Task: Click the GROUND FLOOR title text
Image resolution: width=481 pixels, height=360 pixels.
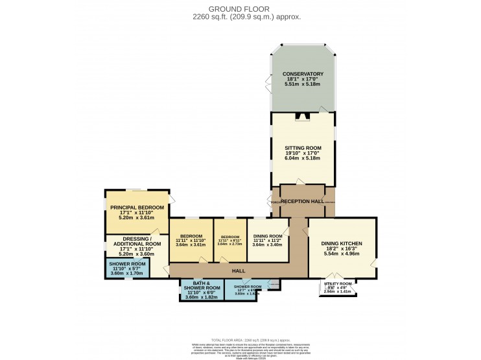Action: tap(240, 8)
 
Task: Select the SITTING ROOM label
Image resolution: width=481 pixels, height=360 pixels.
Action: tap(303, 148)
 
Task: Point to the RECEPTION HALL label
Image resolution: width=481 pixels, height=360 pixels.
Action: tap(302, 202)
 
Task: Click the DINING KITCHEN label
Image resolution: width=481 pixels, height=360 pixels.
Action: tap(342, 243)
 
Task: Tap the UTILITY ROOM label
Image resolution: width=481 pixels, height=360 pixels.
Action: tap(337, 283)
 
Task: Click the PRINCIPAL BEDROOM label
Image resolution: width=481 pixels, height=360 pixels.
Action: tap(137, 207)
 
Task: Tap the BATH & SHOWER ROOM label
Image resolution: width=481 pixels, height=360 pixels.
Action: tap(202, 285)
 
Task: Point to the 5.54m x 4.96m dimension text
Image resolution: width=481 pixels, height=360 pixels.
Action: tap(342, 255)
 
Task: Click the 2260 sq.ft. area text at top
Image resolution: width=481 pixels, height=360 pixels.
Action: tap(240, 18)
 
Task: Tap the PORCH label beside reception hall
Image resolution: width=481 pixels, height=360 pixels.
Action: tap(276, 202)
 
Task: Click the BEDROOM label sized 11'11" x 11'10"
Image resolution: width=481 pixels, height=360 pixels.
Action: tap(191, 235)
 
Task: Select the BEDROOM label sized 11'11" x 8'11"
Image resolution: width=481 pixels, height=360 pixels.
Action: tap(230, 237)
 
